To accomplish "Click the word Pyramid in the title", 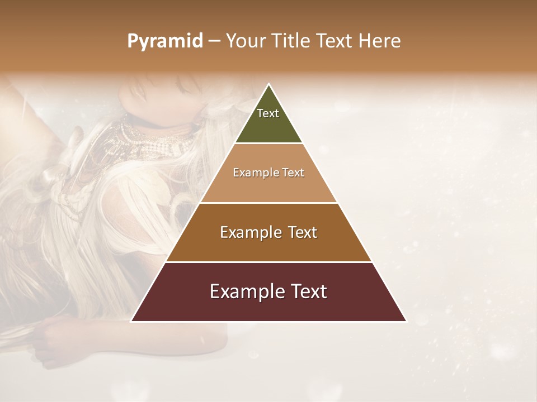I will click(x=164, y=41).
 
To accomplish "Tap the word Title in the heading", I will click(x=292, y=41).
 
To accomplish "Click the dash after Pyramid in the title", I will click(x=214, y=41).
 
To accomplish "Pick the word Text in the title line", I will click(x=336, y=41).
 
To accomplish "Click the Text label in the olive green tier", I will click(x=268, y=113).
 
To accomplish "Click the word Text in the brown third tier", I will click(x=302, y=232).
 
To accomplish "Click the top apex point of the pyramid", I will click(x=268, y=84).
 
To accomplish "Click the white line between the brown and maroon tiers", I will click(x=268, y=262).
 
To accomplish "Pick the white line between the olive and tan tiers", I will click(x=268, y=143).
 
